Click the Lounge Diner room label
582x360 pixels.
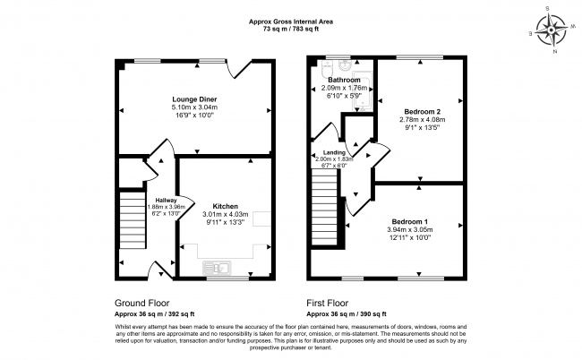point(194,99)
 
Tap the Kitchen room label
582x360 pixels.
point(226,206)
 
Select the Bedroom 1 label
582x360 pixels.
point(410,222)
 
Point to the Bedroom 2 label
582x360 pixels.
point(423,112)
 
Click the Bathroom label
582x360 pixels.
point(344,80)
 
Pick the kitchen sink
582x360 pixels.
point(218,268)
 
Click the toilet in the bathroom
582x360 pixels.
point(328,69)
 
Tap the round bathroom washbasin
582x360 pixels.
point(345,65)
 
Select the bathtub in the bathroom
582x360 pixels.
point(362,91)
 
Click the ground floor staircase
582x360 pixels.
point(133,220)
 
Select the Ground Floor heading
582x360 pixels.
point(141,304)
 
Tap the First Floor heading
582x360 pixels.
point(328,304)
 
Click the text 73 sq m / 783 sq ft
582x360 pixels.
point(291,29)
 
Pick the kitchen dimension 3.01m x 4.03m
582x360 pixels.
point(226,215)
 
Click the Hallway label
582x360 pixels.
point(166,200)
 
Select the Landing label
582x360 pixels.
point(334,152)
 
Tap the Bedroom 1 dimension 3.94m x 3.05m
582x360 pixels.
point(410,230)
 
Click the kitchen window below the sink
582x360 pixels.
point(228,278)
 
